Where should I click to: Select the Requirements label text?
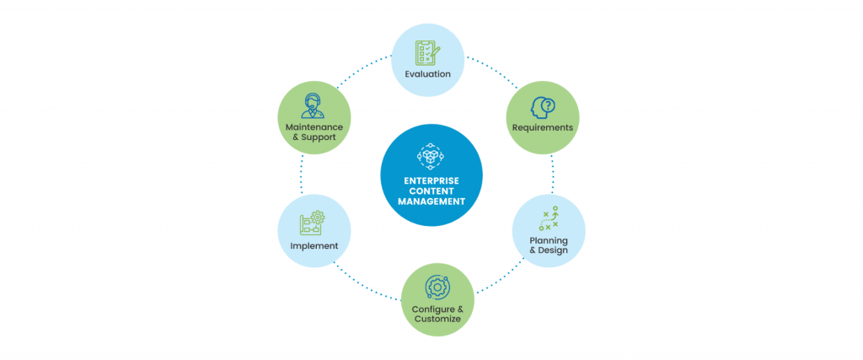542,127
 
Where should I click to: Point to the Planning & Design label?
549,244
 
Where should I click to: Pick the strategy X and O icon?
549,218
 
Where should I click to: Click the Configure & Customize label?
437,314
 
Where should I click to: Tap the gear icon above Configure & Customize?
437,288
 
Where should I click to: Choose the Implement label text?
314,246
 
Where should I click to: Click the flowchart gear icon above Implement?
312,223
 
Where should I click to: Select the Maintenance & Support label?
314,132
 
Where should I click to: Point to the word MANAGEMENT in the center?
431,201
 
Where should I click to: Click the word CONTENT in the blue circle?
431,191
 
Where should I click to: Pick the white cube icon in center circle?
431,156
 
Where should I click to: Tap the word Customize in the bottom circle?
437,320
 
